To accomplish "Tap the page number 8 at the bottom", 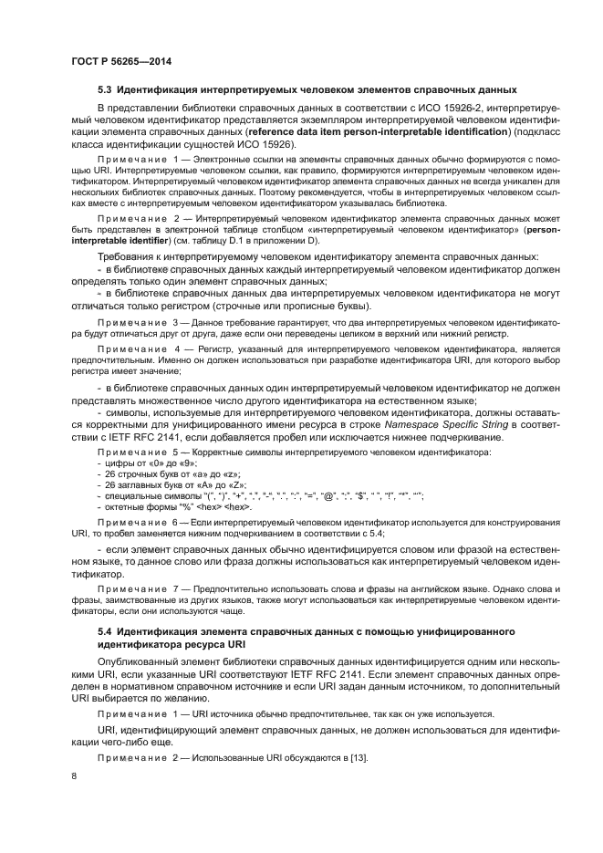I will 74,775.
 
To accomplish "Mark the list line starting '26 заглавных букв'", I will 155,485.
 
